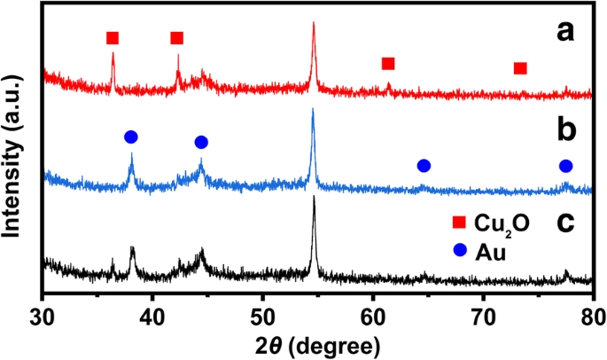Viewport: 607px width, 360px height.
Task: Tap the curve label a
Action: [565, 34]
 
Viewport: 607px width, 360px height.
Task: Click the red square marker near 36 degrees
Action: [112, 38]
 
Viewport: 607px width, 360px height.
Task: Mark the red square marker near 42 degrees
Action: [176, 38]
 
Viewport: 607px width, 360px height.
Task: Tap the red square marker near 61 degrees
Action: [387, 64]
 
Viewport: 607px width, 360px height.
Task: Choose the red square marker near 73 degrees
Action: [520, 68]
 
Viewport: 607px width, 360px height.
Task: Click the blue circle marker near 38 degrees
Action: [131, 137]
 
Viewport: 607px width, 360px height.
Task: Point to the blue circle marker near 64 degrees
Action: [424, 166]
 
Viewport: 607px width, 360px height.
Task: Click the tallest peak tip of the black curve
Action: [314, 198]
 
